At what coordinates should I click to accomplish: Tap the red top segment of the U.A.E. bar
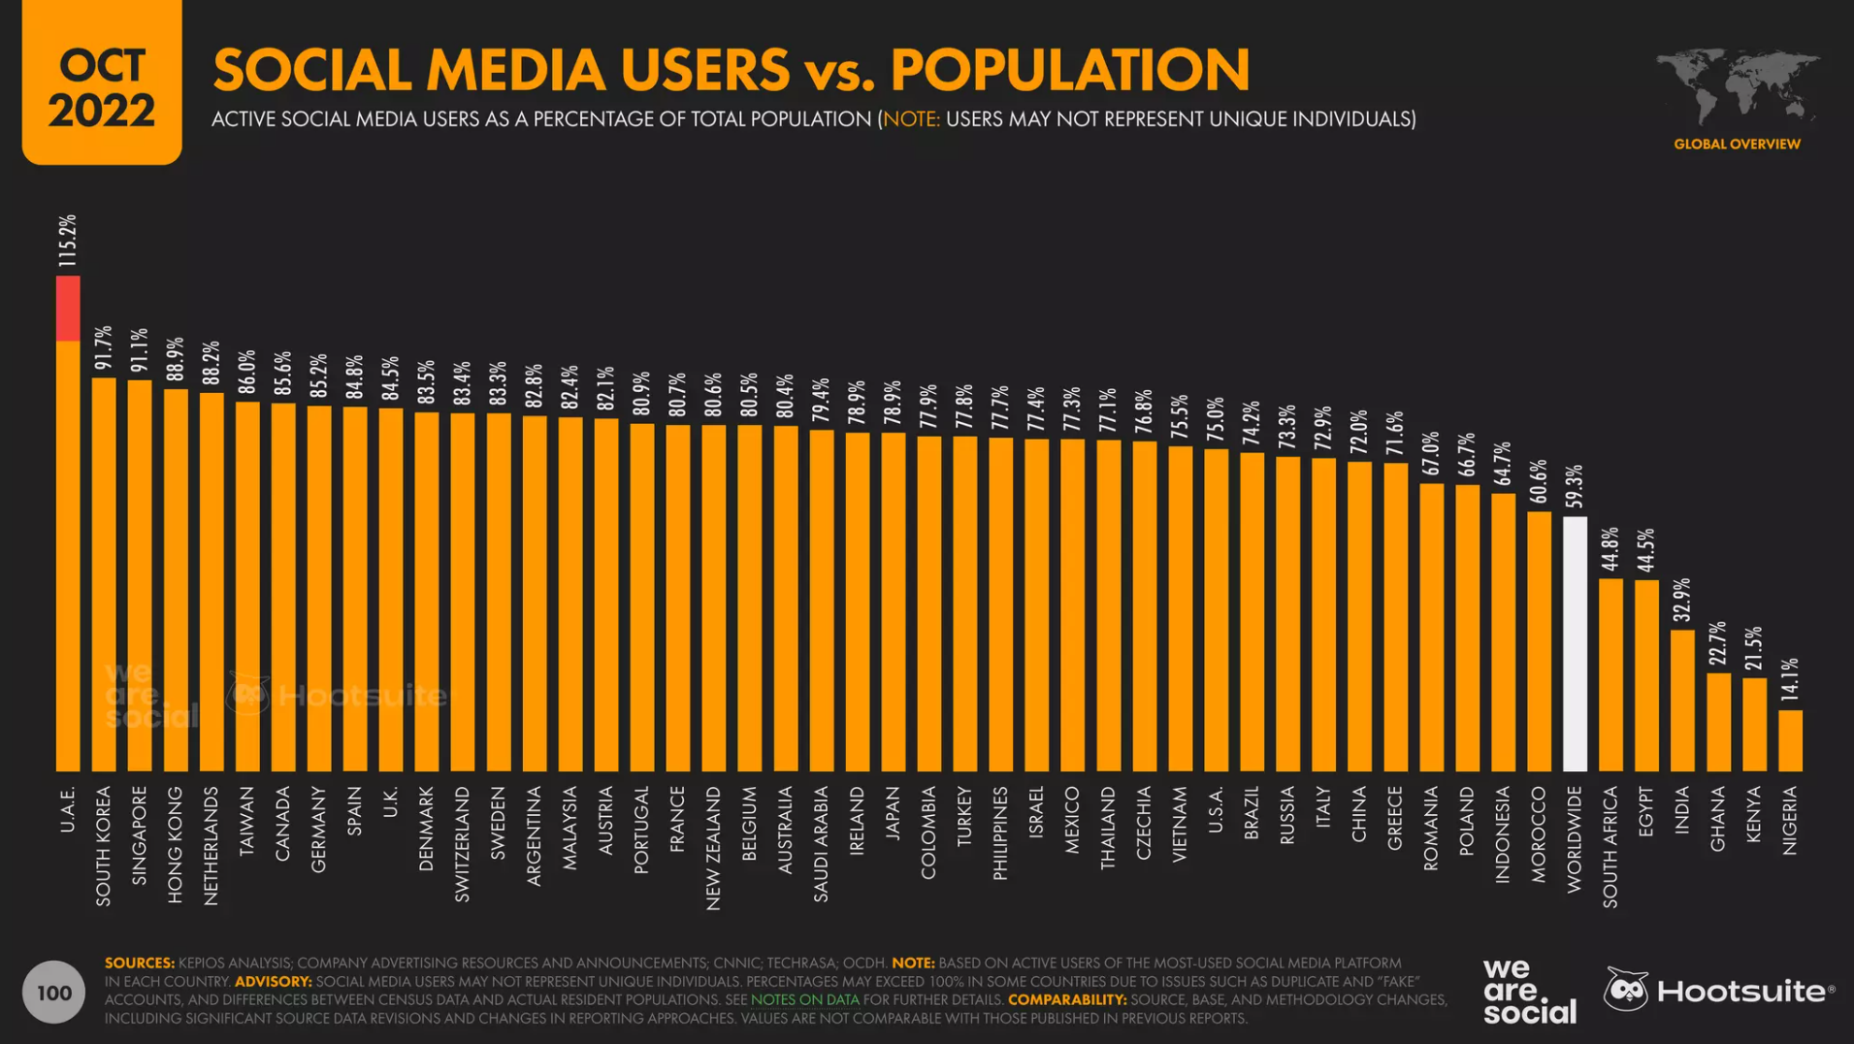[x=68, y=309]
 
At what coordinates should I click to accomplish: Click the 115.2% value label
[x=67, y=241]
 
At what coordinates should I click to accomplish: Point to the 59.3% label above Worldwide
[x=1574, y=486]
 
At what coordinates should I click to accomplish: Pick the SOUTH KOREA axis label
[x=104, y=846]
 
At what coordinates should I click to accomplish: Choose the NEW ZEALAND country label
[x=713, y=848]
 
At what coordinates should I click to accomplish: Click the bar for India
[x=1682, y=701]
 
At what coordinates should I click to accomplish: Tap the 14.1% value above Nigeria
[x=1790, y=679]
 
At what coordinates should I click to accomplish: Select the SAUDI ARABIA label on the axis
[x=821, y=844]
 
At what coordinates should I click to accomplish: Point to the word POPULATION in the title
[x=1069, y=70]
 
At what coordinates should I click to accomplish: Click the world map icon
[x=1737, y=86]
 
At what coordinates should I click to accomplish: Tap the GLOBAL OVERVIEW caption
[x=1737, y=145]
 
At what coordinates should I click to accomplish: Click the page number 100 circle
[x=54, y=993]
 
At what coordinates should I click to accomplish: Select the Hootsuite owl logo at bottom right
[x=1626, y=990]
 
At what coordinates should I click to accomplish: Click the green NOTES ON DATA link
[x=804, y=999]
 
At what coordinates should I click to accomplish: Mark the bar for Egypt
[x=1646, y=675]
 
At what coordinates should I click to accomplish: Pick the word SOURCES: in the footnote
[x=140, y=962]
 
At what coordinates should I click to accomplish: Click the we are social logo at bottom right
[x=1528, y=991]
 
